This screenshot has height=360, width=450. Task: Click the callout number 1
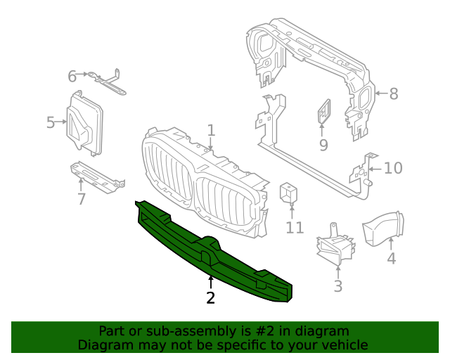pos(211,130)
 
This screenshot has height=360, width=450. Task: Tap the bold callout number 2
pos(210,297)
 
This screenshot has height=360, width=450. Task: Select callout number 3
pos(337,285)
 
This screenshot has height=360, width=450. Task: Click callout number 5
pos(51,123)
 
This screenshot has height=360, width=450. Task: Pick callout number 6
pos(72,75)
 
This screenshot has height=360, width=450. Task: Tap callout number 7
pos(82,199)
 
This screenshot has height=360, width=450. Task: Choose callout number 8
pos(393,93)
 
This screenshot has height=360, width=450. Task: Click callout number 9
pos(323,145)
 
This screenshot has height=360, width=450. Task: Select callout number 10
pos(393,168)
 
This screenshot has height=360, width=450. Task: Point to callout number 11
pos(295,227)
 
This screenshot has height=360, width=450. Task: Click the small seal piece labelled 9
pos(325,111)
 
